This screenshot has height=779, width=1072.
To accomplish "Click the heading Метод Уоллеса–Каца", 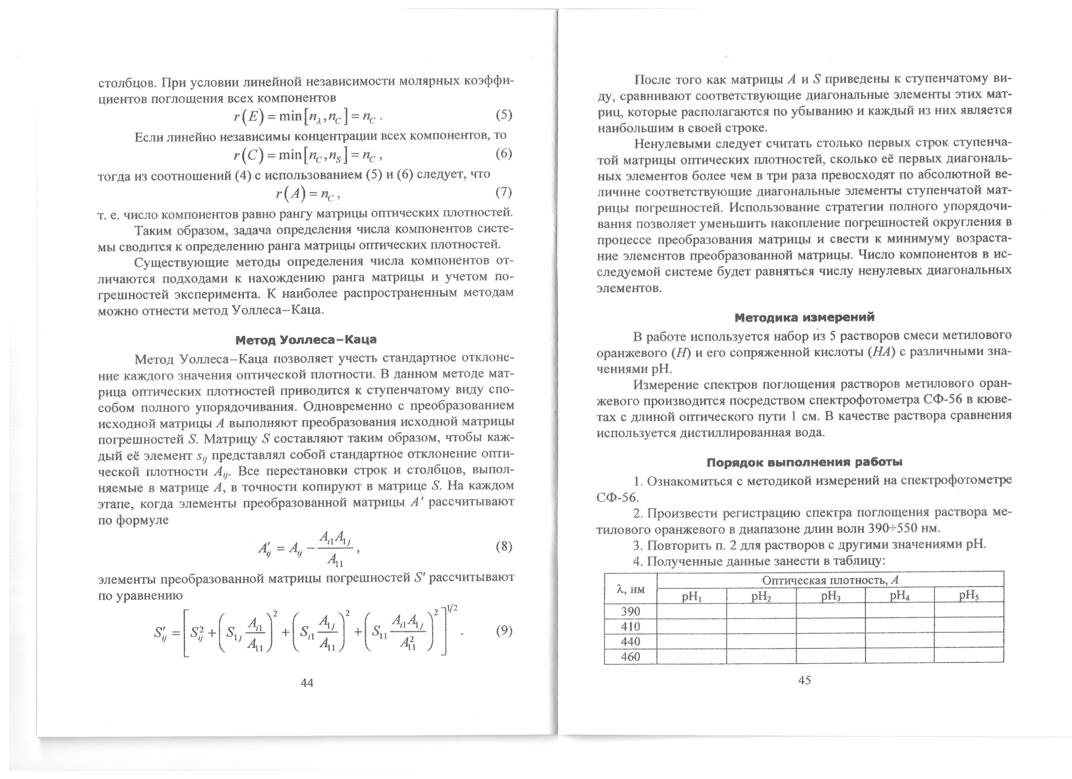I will [x=306, y=340].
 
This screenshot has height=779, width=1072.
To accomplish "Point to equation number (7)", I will [x=503, y=192].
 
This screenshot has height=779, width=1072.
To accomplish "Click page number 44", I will [x=307, y=683].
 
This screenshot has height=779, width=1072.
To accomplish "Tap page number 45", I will [x=804, y=680].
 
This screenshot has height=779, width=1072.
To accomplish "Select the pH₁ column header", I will [x=691, y=596].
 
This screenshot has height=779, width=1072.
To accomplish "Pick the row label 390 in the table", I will [x=631, y=611].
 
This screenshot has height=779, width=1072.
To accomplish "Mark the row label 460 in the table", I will [x=631, y=657].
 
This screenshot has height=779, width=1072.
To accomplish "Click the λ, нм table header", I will [x=631, y=589].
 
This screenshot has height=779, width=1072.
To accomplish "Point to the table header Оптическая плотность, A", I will [x=830, y=580].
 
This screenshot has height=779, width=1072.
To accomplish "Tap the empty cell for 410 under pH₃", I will [x=830, y=626].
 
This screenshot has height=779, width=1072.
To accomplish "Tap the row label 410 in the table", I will [x=631, y=626].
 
